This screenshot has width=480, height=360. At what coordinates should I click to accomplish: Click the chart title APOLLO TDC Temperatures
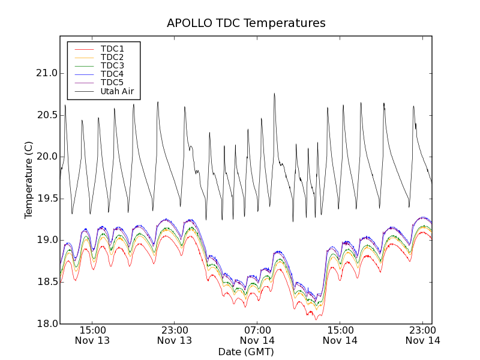point(246,23)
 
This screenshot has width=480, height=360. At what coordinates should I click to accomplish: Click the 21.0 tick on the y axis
point(46,73)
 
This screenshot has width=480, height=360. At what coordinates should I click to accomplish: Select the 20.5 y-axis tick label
point(46,115)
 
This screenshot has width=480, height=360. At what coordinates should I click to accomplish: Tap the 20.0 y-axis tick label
point(46,157)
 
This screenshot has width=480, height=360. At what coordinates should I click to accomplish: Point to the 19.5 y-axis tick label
point(46,198)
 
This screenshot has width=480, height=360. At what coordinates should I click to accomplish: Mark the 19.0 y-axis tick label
point(46,240)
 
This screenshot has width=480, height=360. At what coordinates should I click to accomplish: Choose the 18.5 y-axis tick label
point(46,281)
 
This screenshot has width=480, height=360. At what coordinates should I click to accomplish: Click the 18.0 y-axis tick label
point(46,323)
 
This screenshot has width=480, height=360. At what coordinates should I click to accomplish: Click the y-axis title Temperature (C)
point(29,180)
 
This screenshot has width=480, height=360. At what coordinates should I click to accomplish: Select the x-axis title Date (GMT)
point(246,352)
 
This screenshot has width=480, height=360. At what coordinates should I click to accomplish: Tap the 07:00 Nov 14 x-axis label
point(257,335)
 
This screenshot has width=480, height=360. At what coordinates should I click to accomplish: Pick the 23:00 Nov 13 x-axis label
point(175,335)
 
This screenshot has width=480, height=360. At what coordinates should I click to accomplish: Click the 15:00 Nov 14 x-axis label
point(340,335)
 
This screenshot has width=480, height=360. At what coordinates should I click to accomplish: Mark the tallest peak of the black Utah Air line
point(274,94)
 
